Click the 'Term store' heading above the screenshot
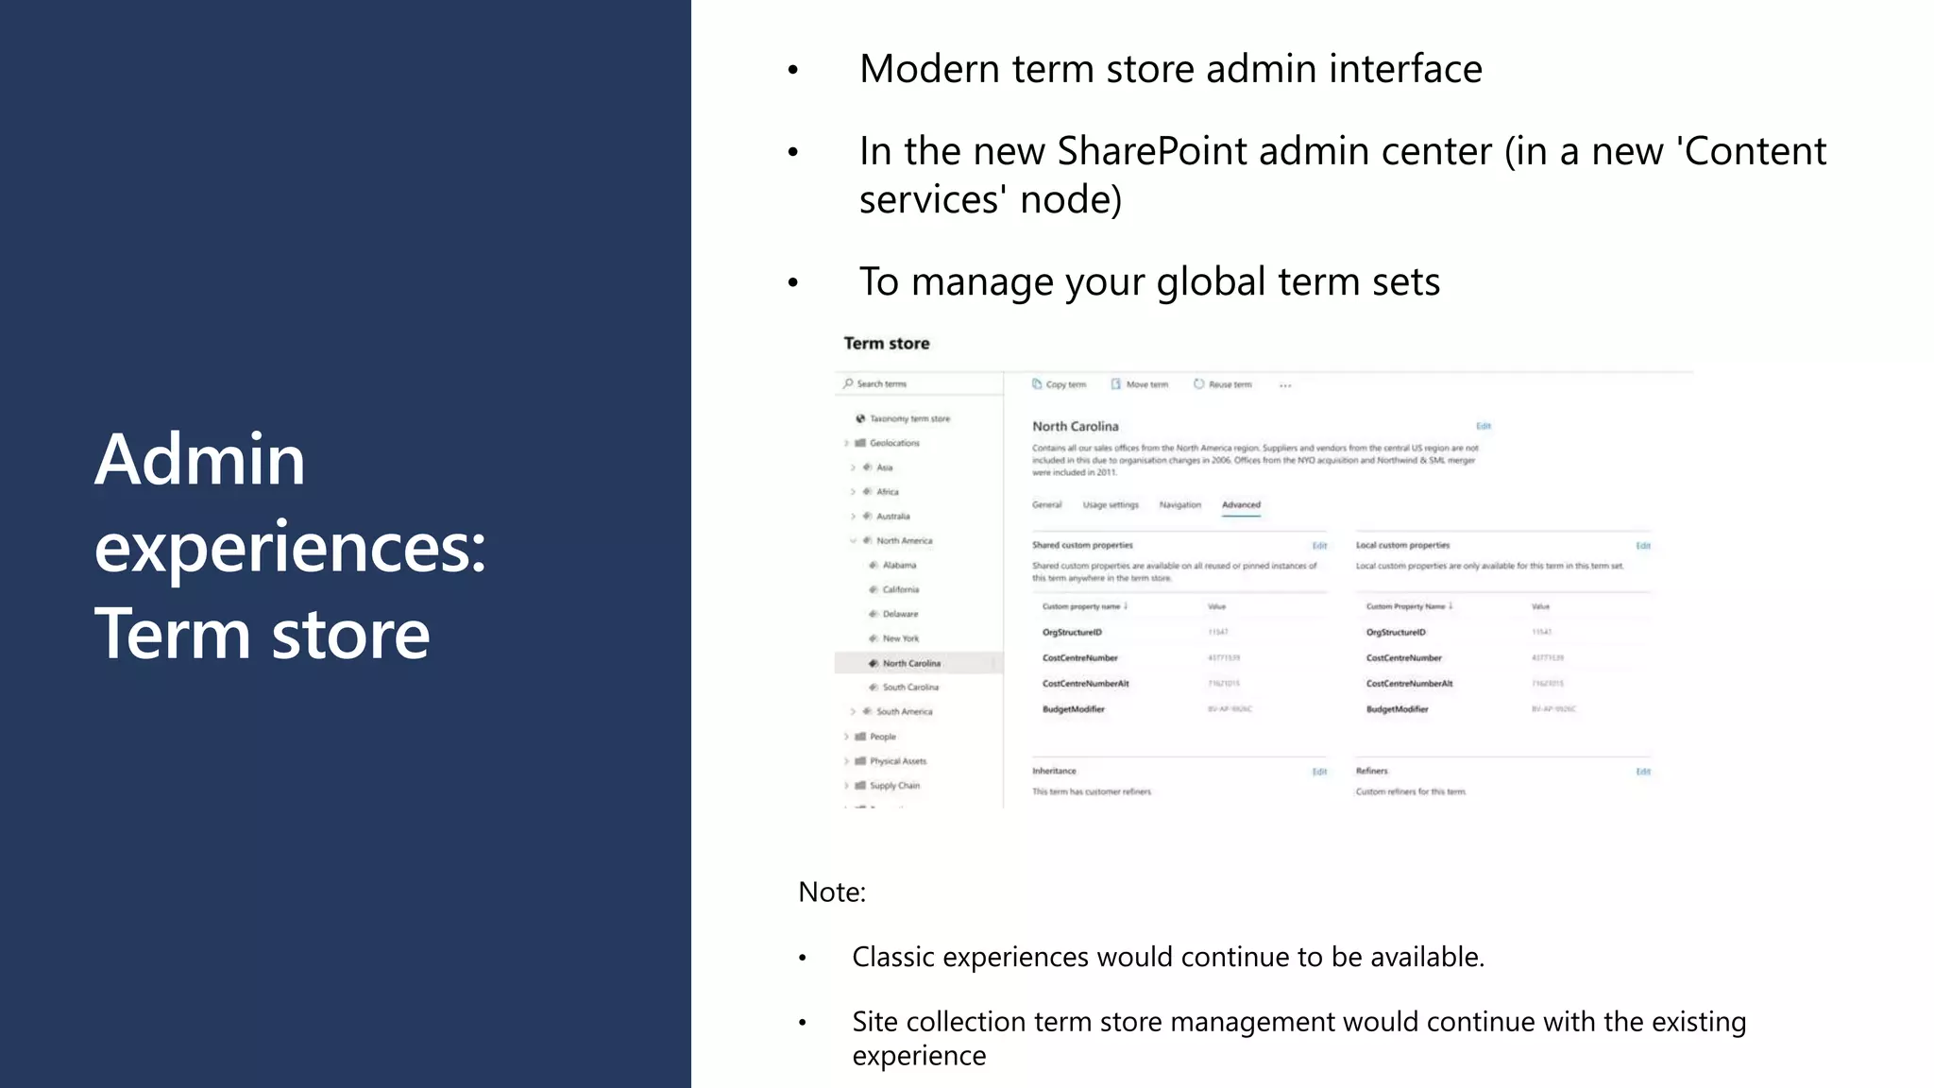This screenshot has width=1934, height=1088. coord(886,344)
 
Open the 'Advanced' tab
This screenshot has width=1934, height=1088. coord(1241,505)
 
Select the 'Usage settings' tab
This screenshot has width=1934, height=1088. coord(1111,505)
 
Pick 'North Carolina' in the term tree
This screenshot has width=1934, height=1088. coord(910,664)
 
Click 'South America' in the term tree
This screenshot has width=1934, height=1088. coord(904,712)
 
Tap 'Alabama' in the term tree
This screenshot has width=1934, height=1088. coord(898,566)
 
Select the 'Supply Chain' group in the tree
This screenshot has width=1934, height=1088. coord(893,786)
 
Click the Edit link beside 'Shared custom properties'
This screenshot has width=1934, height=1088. coord(1319,546)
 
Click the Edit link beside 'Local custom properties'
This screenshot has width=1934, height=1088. coord(1643,546)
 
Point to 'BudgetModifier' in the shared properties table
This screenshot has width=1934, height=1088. coord(1073,709)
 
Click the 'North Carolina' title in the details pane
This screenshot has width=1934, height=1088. coord(1075,427)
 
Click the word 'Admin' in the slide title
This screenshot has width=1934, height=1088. coord(199,460)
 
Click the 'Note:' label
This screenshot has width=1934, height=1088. coord(831,892)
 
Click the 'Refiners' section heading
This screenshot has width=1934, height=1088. coord(1371,772)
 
